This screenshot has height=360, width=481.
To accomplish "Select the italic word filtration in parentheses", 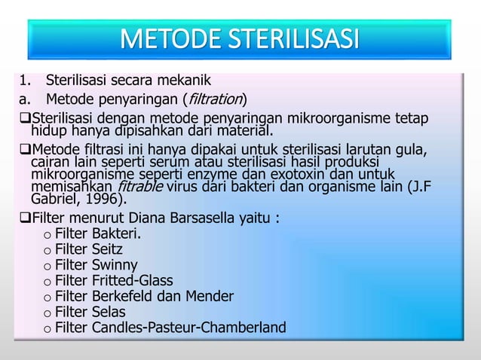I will click(x=213, y=99).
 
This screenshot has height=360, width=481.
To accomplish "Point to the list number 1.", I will click(x=23, y=80).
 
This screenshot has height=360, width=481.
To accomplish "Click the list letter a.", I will click(x=23, y=99).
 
